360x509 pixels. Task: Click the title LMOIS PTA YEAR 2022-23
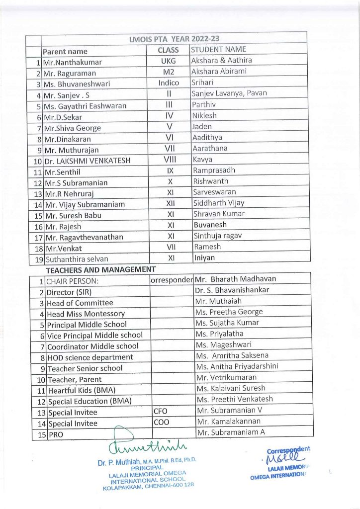click(174, 38)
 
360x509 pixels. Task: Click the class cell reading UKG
click(168, 61)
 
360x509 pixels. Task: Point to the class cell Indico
click(169, 83)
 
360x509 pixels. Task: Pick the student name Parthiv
click(204, 104)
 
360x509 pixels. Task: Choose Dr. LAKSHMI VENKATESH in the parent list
click(85, 161)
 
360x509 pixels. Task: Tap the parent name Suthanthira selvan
click(77, 259)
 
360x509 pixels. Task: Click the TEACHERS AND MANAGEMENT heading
click(101, 269)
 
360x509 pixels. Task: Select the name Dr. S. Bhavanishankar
click(232, 290)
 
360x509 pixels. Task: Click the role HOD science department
click(90, 357)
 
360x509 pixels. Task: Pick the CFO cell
click(161, 411)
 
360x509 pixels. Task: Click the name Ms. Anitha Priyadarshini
click(237, 366)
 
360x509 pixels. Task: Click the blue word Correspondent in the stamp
click(288, 450)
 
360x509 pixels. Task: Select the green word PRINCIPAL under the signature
click(147, 468)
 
